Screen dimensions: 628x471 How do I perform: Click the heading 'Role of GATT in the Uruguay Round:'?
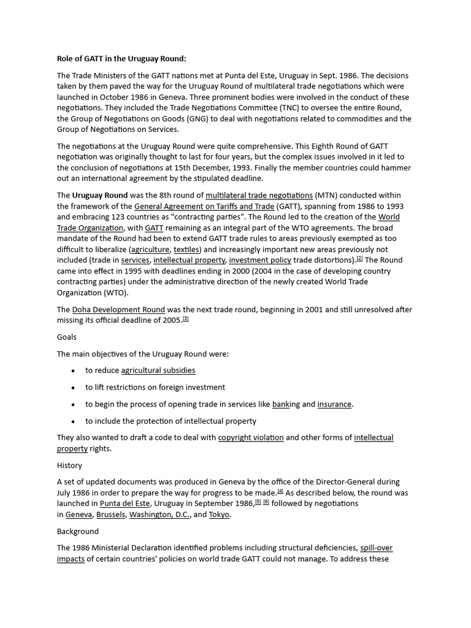121,59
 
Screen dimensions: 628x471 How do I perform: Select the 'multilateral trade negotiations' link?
259,196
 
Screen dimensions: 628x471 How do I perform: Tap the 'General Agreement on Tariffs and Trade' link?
204,207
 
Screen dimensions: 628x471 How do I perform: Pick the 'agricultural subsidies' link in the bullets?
158,370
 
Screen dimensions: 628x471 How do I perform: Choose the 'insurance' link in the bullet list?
334,404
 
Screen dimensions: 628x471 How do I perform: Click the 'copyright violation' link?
251,438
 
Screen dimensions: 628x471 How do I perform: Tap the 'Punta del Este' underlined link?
125,504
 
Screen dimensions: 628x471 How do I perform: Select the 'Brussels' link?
110,515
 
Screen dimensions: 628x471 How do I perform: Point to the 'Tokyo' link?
219,515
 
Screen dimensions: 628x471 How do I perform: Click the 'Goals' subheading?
67,337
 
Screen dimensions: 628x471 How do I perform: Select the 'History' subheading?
69,465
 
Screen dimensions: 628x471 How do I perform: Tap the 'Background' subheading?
78,531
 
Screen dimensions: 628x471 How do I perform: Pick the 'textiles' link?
186,250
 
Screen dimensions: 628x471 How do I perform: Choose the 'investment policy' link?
260,260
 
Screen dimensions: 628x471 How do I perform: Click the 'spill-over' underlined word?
377,548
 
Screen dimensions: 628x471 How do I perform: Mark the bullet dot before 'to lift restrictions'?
73,388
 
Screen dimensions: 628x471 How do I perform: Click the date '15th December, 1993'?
221,168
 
